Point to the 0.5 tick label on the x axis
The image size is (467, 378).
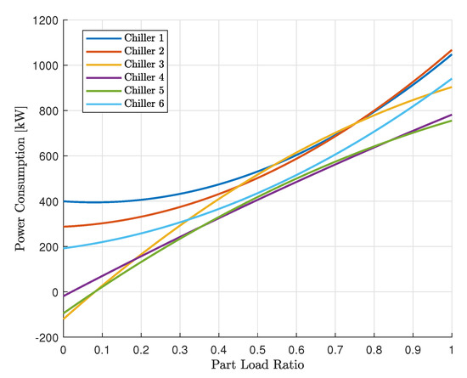point(258,349)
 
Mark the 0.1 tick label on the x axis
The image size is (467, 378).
point(102,349)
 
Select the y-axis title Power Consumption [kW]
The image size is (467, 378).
point(19,178)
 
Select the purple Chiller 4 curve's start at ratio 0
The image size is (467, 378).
point(64,296)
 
